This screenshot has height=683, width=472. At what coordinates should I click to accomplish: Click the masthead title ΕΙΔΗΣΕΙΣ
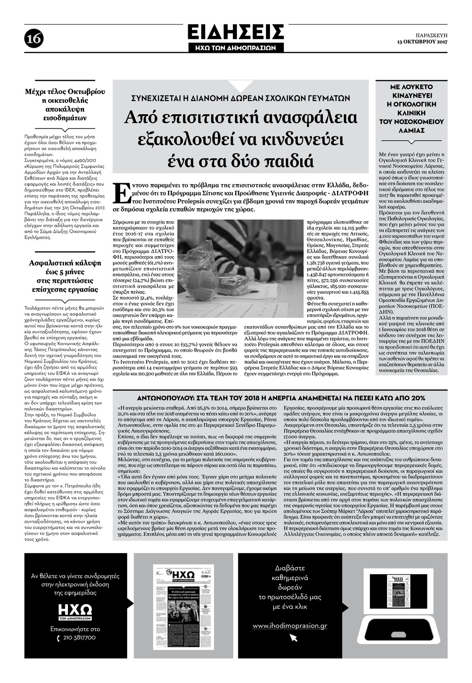click(x=236, y=33)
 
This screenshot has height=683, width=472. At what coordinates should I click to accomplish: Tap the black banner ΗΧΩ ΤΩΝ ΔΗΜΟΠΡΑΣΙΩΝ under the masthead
click(x=236, y=47)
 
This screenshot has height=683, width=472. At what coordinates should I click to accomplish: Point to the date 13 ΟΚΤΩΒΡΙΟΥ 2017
click(x=422, y=42)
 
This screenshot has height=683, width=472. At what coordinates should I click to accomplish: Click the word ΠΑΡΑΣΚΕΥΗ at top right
click(x=431, y=35)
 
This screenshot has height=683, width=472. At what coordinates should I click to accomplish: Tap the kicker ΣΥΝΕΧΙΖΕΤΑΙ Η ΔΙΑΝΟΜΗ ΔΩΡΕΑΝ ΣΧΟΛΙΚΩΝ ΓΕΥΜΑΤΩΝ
click(x=241, y=98)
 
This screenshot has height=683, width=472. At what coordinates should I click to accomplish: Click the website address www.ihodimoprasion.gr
click(x=290, y=625)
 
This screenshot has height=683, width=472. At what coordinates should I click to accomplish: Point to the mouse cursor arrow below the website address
click(x=293, y=638)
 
